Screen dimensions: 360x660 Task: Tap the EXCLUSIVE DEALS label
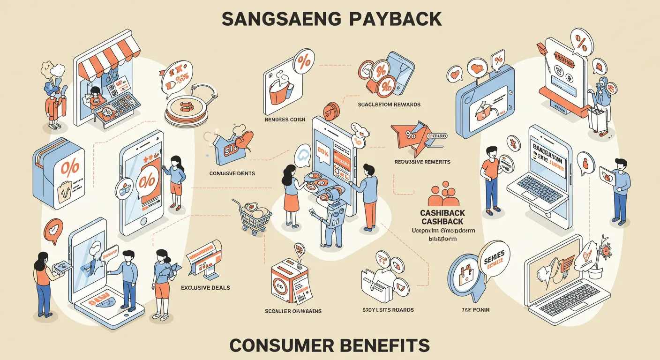coord(205,287)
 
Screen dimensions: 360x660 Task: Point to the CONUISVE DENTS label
coord(232,173)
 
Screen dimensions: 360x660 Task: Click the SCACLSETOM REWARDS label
coord(389,104)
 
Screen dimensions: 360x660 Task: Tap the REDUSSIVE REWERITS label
coord(422,162)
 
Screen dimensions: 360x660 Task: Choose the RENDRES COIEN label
coord(285,119)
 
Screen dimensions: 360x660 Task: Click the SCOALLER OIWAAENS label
coord(293,311)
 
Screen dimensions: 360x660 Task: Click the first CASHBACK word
coord(442,213)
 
